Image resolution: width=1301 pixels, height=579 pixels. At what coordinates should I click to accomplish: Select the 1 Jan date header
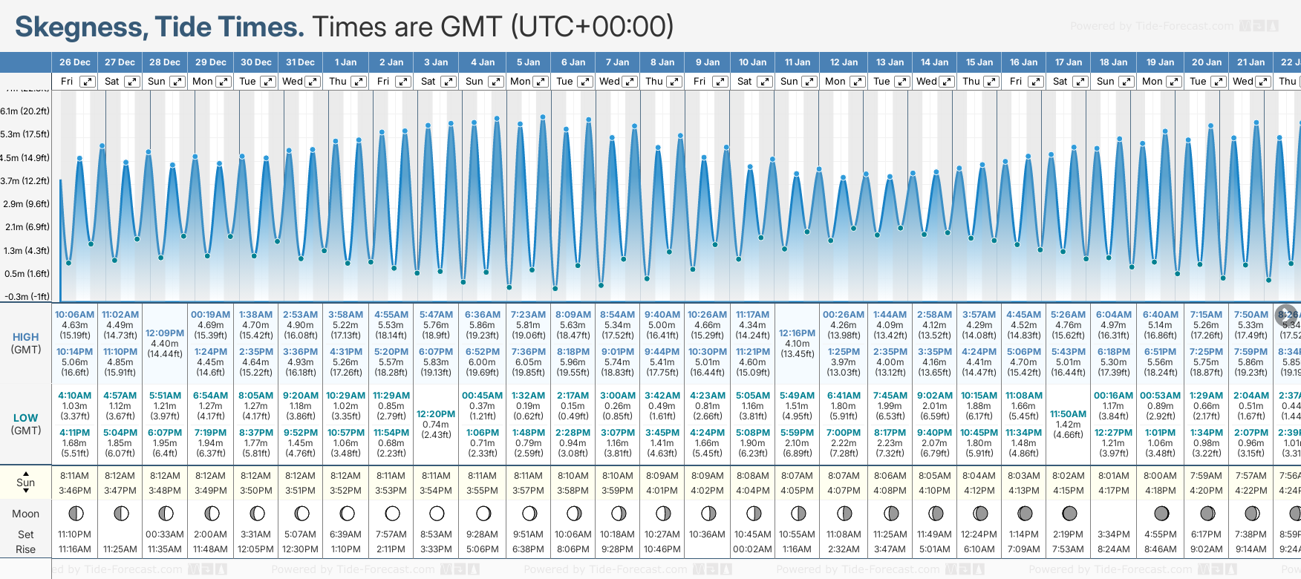click(345, 62)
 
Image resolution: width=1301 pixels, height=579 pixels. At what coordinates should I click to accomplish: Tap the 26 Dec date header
click(74, 62)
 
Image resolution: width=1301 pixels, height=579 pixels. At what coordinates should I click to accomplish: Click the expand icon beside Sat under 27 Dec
click(131, 82)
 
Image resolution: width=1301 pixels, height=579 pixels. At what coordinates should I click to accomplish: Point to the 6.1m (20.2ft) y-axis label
click(25, 111)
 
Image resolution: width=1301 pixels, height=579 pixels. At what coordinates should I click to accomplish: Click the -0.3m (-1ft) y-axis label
click(27, 296)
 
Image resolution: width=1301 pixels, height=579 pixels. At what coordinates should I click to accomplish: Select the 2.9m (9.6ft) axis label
click(25, 204)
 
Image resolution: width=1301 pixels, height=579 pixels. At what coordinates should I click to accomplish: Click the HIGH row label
click(26, 337)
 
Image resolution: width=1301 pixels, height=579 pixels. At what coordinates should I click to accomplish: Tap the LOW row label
click(26, 418)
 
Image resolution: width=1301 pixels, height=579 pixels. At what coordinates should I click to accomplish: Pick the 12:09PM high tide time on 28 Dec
click(165, 333)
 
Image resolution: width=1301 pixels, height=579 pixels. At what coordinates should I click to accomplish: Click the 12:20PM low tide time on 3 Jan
click(436, 414)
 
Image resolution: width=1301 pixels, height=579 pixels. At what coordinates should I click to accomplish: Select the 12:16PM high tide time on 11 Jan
click(798, 333)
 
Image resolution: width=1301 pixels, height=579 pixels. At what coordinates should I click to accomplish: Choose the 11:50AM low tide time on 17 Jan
click(1069, 414)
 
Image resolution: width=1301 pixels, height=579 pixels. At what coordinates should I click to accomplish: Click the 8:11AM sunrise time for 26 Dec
click(74, 476)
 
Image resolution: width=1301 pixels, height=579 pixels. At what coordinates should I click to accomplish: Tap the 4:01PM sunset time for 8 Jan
click(662, 491)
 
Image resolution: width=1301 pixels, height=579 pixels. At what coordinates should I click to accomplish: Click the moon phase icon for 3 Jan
click(437, 513)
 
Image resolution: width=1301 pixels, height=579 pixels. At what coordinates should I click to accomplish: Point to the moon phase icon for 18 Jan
click(1114, 513)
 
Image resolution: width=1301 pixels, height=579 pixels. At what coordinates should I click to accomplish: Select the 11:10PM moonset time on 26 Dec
click(74, 534)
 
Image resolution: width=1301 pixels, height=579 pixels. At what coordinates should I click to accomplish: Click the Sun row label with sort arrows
click(26, 482)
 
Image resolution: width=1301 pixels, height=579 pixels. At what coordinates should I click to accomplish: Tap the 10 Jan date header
click(752, 62)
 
